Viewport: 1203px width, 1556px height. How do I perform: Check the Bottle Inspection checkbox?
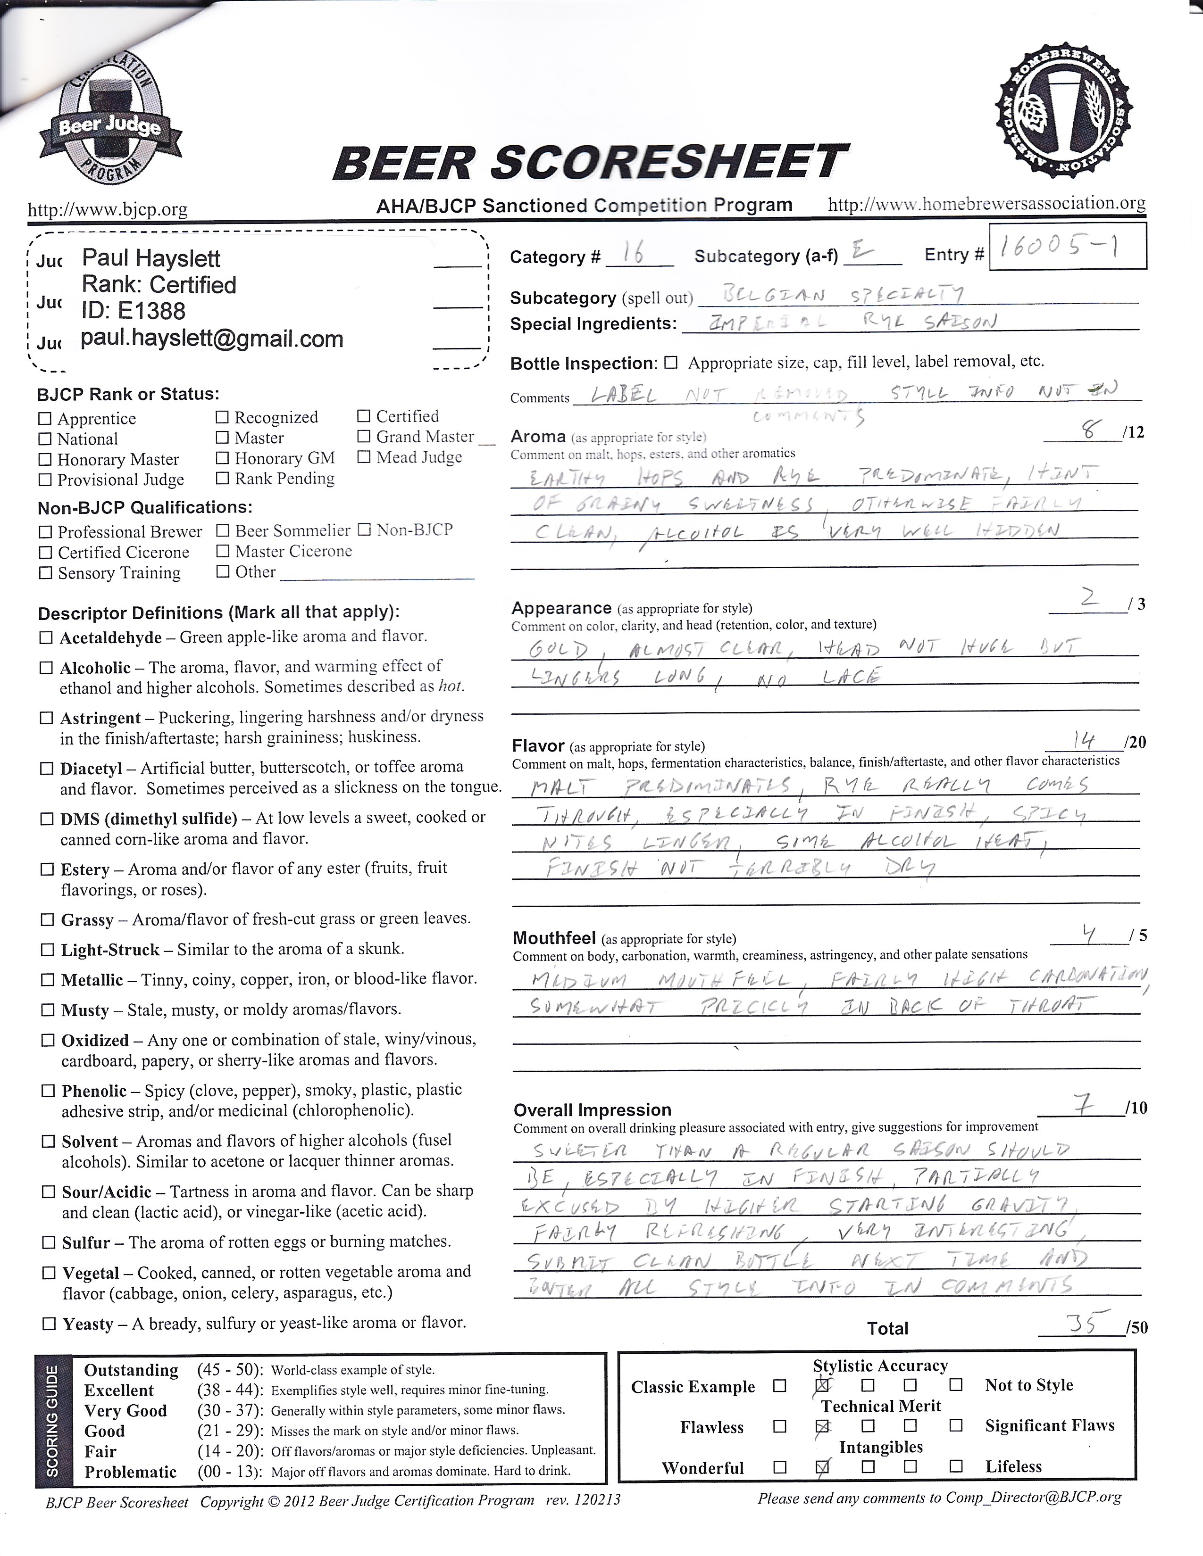coord(671,363)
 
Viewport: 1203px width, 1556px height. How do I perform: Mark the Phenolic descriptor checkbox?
coord(48,1090)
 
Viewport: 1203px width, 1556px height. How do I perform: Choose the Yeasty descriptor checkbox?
coord(49,1324)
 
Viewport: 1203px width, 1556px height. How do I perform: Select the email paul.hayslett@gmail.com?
coord(212,339)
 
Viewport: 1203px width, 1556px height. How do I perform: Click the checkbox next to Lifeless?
coord(956,1466)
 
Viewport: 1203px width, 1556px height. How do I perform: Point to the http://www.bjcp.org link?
coord(107,209)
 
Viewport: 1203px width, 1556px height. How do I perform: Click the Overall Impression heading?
coord(592,1110)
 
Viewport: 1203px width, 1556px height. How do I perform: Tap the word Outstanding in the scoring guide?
coord(131,1370)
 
